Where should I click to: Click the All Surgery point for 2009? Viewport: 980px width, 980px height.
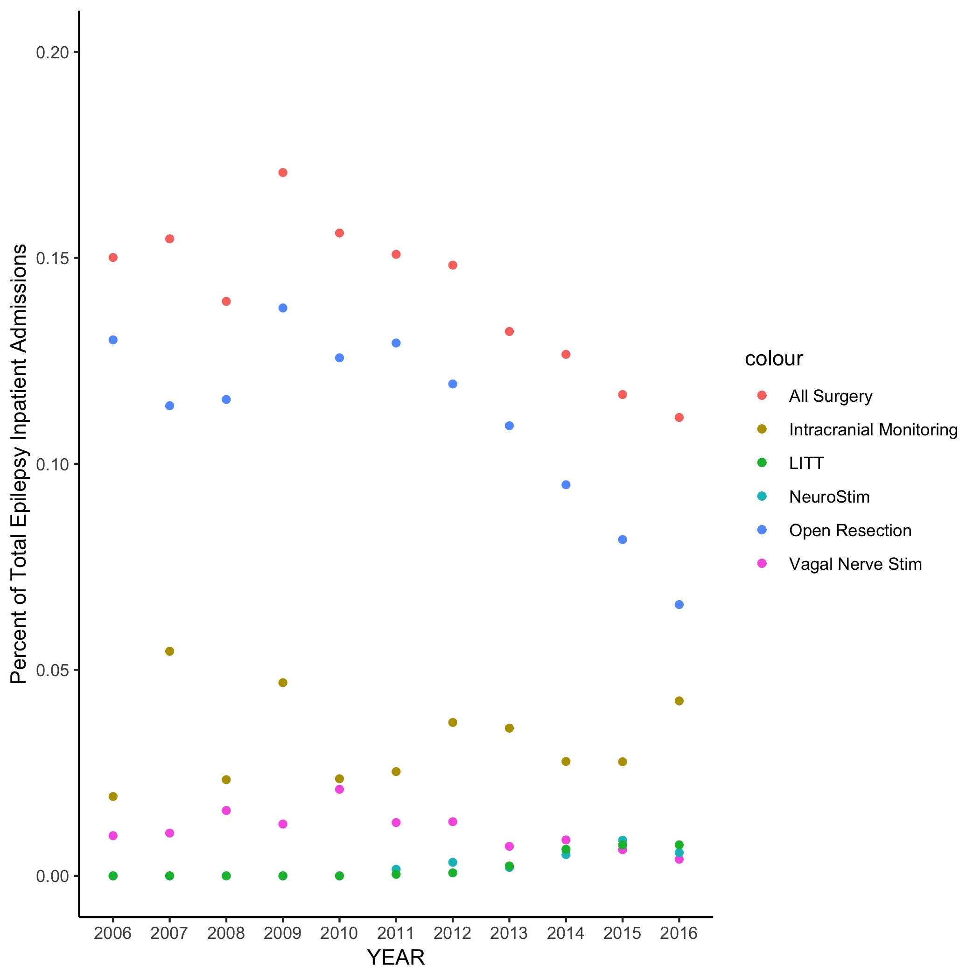(x=283, y=173)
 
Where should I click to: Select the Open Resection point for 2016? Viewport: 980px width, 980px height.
(x=679, y=605)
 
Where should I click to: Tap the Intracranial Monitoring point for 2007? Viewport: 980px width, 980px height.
(x=170, y=651)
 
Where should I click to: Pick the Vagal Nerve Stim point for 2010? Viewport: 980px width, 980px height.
(x=340, y=789)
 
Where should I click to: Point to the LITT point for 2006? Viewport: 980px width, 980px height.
(x=113, y=876)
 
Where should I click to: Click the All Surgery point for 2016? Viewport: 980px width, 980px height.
(x=679, y=418)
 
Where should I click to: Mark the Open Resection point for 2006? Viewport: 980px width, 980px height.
(x=113, y=340)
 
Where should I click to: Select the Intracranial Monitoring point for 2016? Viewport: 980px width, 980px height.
(x=679, y=701)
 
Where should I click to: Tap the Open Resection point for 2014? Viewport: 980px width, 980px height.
(x=566, y=485)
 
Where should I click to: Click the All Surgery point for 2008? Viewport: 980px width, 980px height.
(x=226, y=301)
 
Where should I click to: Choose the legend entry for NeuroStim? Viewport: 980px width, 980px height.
(x=829, y=497)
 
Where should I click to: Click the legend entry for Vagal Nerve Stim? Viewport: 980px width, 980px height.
(x=855, y=564)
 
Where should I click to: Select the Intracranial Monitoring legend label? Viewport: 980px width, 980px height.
(x=873, y=430)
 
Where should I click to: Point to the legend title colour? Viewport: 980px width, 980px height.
(x=774, y=358)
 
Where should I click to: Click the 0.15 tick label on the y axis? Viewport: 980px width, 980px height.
(x=52, y=258)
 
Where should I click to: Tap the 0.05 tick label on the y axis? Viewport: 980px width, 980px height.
(x=52, y=670)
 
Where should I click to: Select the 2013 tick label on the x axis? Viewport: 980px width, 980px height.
(x=509, y=933)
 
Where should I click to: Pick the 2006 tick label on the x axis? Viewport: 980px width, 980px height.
(x=112, y=933)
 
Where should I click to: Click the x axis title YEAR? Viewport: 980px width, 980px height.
(x=396, y=958)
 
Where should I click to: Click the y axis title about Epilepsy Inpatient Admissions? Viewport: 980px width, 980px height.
(x=19, y=464)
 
